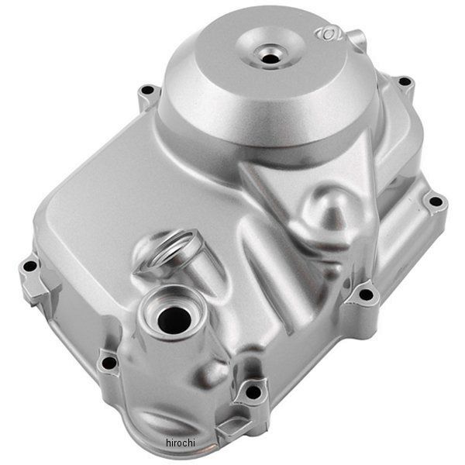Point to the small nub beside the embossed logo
356,37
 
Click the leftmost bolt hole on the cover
29,266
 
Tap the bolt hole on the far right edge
436,201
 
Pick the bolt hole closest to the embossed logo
403,81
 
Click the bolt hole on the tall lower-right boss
365,294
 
